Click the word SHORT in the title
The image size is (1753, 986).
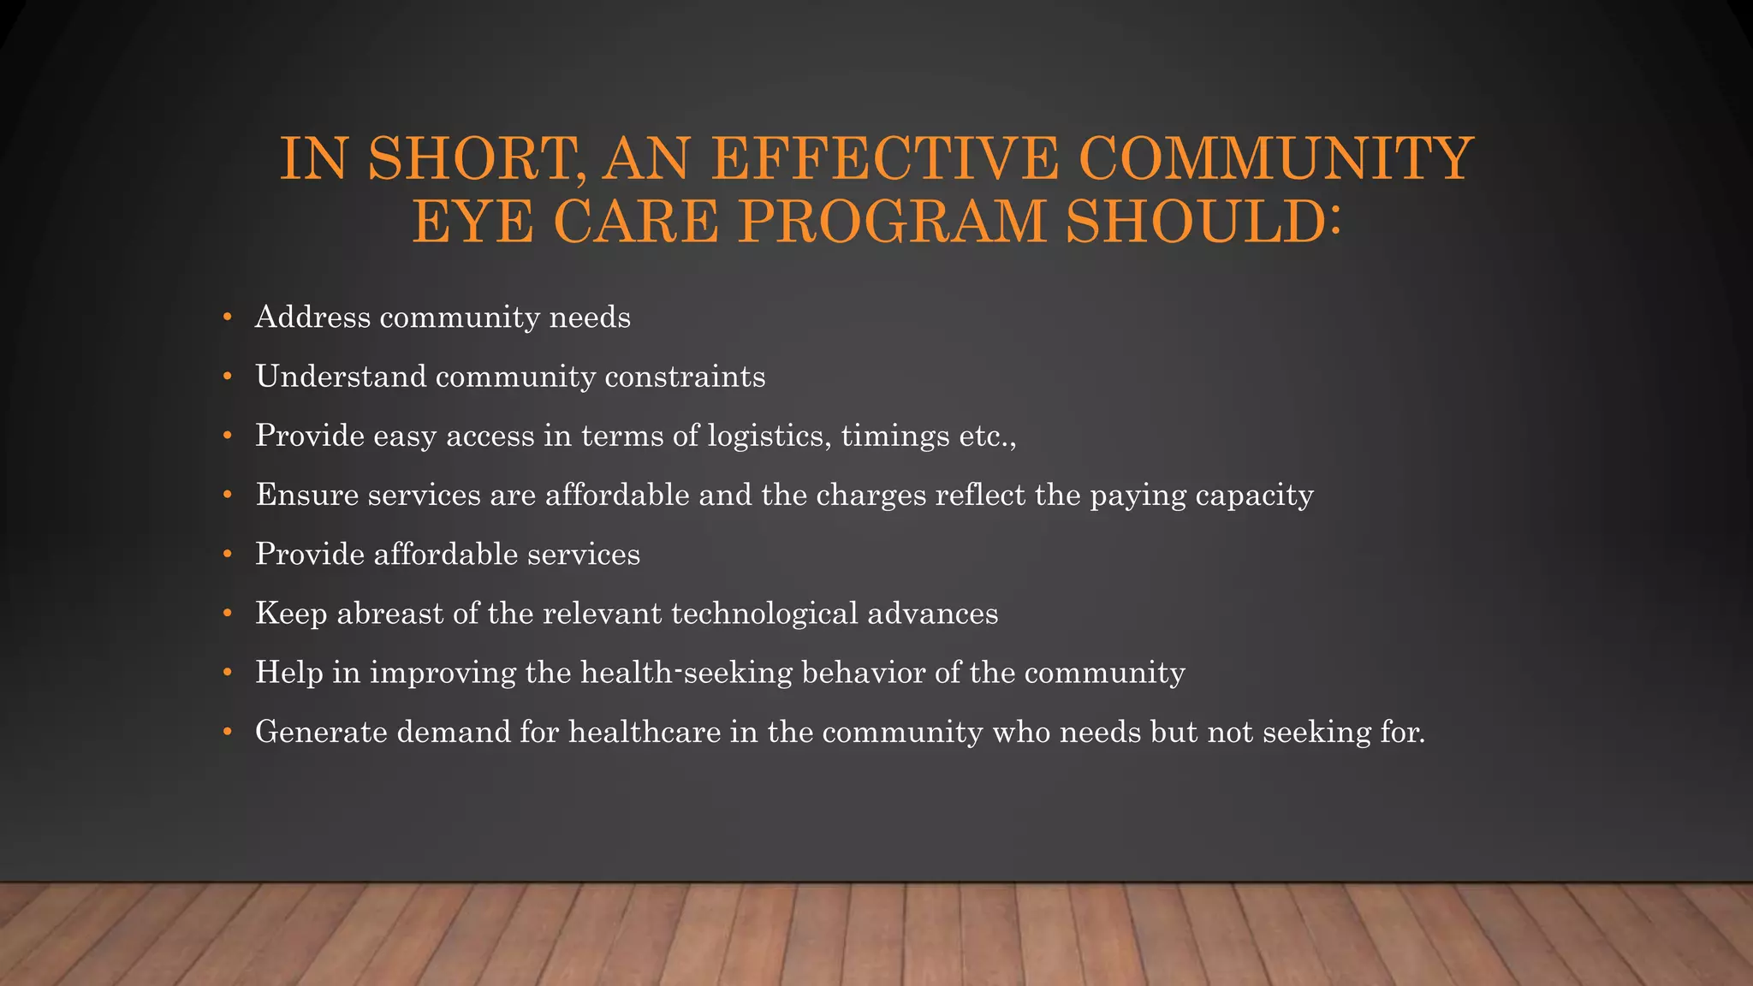pyautogui.click(x=470, y=159)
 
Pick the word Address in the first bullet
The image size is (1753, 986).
pyautogui.click(x=312, y=318)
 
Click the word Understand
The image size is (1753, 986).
pyautogui.click(x=341, y=377)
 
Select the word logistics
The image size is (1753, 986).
pyautogui.click(x=770, y=437)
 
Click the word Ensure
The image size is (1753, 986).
pyautogui.click(x=307, y=495)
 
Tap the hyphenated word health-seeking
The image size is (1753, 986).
pyautogui.click(x=686, y=673)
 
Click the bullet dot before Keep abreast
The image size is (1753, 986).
pyautogui.click(x=227, y=614)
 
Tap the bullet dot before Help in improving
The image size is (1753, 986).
pyautogui.click(x=227, y=673)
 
